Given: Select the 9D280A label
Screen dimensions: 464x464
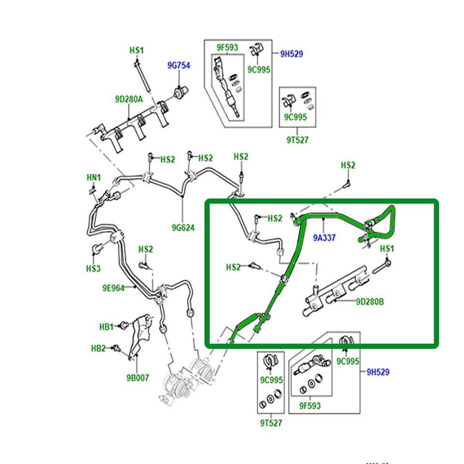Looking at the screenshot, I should [x=129, y=100].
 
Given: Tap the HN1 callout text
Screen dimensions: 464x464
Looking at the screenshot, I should [x=93, y=178].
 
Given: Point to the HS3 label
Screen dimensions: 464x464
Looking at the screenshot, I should [x=93, y=268].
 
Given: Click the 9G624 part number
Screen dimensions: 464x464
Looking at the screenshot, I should [x=183, y=227].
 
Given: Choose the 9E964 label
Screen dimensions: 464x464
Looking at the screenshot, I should [x=113, y=288].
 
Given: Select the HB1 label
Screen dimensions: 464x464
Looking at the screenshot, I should [x=106, y=327].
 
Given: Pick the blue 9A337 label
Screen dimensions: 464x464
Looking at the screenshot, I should [x=324, y=238].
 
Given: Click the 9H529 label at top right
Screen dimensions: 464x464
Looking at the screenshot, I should [x=291, y=54].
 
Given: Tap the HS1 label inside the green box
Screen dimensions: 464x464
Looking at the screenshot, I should [x=387, y=248].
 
